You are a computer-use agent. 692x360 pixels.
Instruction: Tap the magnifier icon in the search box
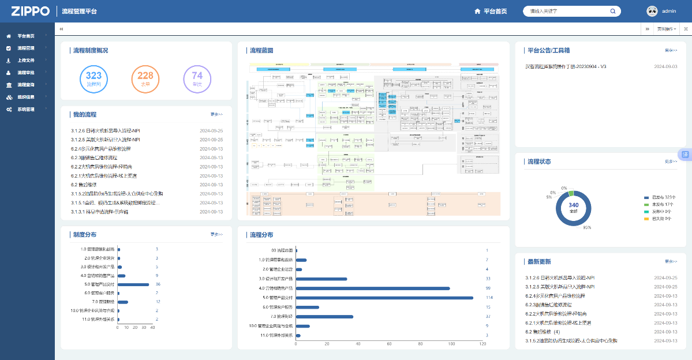613,11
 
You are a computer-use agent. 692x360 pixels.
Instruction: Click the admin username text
669,11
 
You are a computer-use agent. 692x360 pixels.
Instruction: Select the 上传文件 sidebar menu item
26,60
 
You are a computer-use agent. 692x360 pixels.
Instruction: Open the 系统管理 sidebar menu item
26,109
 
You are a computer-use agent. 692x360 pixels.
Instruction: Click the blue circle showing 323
93,79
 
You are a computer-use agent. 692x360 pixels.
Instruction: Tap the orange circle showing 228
145,79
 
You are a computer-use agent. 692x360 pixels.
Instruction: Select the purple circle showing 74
197,79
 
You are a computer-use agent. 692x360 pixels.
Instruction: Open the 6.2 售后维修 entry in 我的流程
84,185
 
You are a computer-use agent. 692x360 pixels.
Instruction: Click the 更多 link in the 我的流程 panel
216,114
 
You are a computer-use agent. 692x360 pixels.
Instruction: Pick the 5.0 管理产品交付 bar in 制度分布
133,284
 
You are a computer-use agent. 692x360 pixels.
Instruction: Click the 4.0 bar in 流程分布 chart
373,288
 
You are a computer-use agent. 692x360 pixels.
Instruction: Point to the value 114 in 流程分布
489,298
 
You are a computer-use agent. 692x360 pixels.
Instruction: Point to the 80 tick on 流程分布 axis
420,344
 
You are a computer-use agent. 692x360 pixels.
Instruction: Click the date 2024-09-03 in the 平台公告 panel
665,66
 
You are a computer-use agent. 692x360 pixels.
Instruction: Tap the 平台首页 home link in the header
491,11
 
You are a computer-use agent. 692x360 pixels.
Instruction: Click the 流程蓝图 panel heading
261,50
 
